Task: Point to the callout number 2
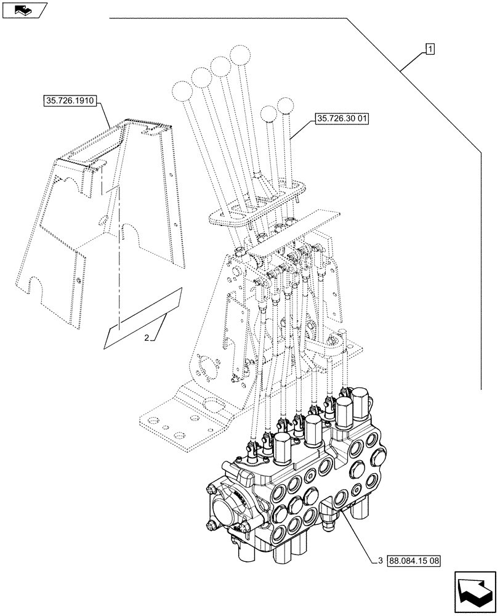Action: [147, 338]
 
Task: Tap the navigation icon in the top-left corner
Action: [25, 10]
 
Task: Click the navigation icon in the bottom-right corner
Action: [475, 592]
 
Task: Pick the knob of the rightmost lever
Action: [286, 105]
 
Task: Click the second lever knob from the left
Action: [201, 78]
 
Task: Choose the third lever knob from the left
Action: [219, 65]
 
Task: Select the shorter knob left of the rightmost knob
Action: [268, 114]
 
